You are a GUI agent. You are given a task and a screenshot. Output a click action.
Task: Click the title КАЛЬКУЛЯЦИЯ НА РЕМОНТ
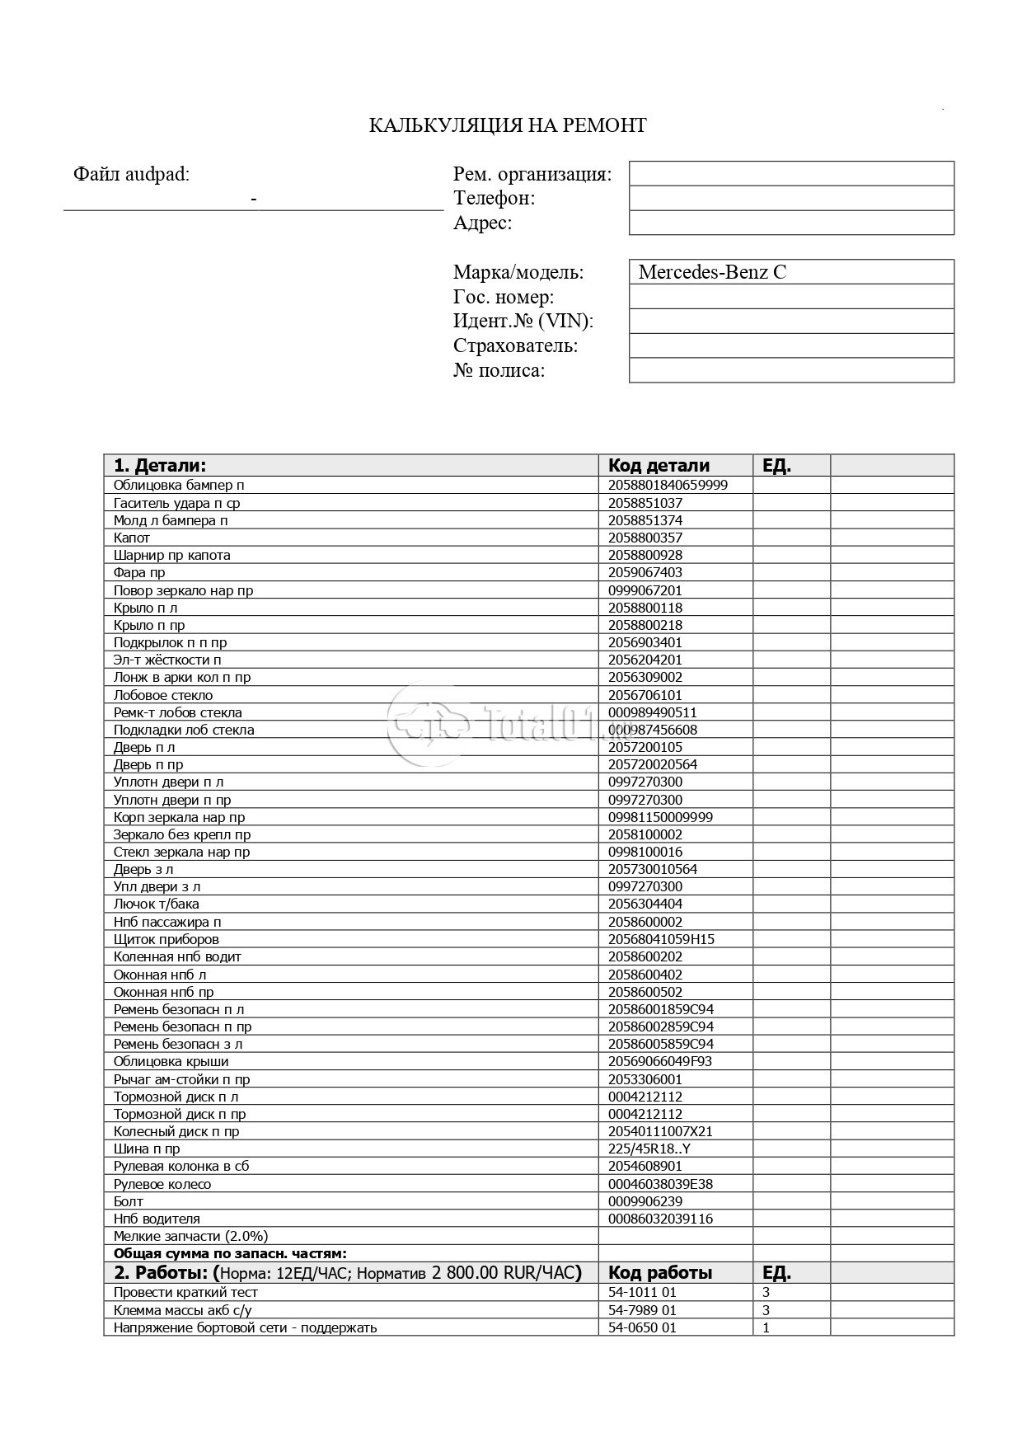coord(507,125)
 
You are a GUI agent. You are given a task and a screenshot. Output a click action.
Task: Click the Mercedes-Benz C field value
coord(712,272)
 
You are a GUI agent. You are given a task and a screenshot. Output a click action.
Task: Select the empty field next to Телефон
coord(791,198)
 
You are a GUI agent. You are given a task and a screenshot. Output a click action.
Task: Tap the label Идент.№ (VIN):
coord(523,321)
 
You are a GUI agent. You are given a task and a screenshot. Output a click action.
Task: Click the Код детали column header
coord(659,465)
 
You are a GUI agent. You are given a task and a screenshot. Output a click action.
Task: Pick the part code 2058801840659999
coord(668,485)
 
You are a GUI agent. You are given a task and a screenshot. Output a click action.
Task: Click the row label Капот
coord(132,538)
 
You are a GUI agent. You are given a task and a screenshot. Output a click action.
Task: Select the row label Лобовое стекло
coord(163,695)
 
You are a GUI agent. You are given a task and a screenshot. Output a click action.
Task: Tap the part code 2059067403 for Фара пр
coord(645,572)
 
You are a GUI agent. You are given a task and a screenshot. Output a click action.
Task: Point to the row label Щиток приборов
coord(166,939)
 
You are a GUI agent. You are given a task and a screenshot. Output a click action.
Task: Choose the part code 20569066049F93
coord(660,1061)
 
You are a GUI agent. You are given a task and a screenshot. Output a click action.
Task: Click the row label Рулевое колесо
coord(162,1184)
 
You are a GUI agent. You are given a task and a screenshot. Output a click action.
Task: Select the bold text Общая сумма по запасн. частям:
coord(230,1253)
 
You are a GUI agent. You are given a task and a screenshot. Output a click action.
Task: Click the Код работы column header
coord(660,1272)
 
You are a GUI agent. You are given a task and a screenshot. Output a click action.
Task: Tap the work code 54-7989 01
coord(642,1310)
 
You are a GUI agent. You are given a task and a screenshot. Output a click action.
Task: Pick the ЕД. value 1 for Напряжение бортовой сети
coord(766,1327)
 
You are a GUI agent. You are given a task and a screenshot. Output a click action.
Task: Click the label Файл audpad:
coord(131,174)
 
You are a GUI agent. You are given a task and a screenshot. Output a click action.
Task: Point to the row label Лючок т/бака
coord(157,904)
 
